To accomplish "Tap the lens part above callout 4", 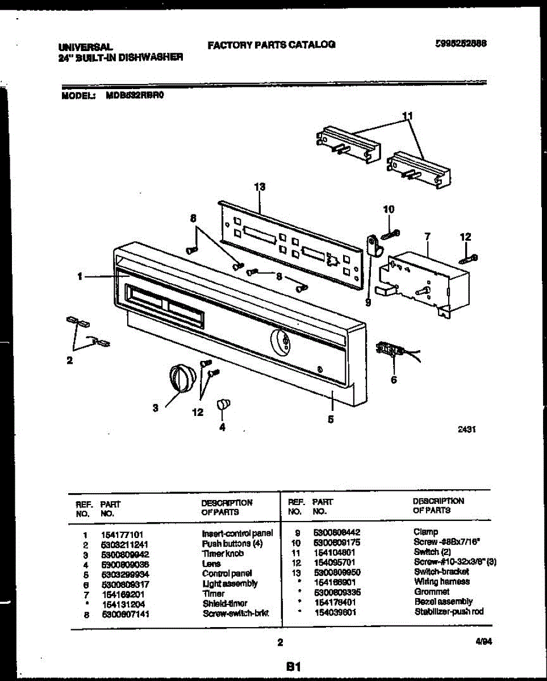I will click(x=223, y=404).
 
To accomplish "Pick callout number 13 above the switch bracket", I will click(x=260, y=186).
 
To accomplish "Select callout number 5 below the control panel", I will click(x=331, y=420).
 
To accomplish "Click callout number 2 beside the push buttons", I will click(x=70, y=359).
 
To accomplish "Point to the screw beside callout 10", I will click(x=391, y=234).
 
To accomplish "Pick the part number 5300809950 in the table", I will click(x=337, y=572).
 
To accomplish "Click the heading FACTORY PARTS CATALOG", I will click(x=272, y=44).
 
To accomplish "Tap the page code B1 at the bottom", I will click(x=293, y=666).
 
